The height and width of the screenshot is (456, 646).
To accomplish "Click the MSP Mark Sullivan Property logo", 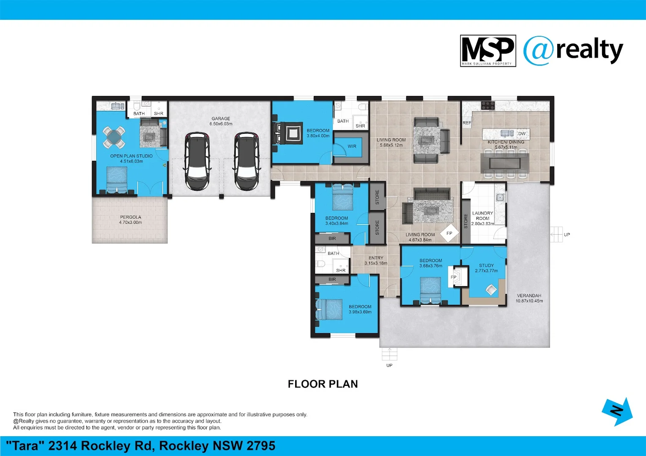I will point(488,51).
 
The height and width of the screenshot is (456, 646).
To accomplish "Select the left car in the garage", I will point(197,161).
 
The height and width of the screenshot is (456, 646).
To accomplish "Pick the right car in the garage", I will point(247,161).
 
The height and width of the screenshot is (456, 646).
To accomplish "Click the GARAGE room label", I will point(221,121).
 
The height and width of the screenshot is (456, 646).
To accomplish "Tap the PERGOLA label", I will point(130,220).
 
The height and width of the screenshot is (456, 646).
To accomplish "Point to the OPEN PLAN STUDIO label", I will point(131,158).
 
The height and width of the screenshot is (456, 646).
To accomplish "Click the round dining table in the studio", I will point(114,137).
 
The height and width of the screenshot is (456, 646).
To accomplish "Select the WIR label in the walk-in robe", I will point(352,147).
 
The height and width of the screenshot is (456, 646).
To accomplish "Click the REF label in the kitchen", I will point(467,123).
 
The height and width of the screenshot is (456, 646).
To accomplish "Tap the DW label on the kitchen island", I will point(522,134).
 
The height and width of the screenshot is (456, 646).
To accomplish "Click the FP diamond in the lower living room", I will point(449,233).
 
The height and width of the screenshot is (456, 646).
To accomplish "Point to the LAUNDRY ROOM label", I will point(482,218).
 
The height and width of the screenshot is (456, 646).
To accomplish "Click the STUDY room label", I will point(486,268).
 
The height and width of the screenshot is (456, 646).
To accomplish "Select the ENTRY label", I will point(376,260).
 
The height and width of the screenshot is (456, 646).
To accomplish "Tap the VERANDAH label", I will point(529,298).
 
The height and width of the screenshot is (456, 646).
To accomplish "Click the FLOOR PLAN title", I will point(323,384).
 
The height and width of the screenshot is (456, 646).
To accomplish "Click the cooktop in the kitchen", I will point(488,105).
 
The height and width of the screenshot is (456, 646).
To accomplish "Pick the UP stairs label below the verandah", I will point(389,365).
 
